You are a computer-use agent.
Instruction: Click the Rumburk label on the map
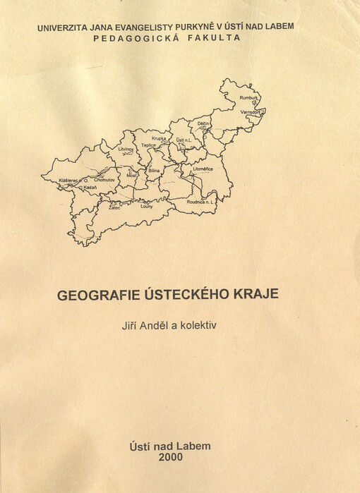pyautogui.click(x=248, y=97)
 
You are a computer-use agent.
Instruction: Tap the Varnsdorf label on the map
pyautogui.click(x=251, y=112)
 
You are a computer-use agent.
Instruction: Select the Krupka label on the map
pyautogui.click(x=158, y=138)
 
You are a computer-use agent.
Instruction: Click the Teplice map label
pyautogui.click(x=148, y=145)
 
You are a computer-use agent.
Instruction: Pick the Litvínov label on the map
pyautogui.click(x=126, y=150)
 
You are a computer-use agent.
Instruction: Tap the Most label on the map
pyautogui.click(x=131, y=174)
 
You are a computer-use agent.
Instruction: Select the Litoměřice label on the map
pyautogui.click(x=203, y=169)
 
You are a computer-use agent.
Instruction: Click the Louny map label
pyautogui.click(x=146, y=207)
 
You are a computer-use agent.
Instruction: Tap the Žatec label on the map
pyautogui.click(x=114, y=208)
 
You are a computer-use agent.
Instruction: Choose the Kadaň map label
pyautogui.click(x=90, y=188)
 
